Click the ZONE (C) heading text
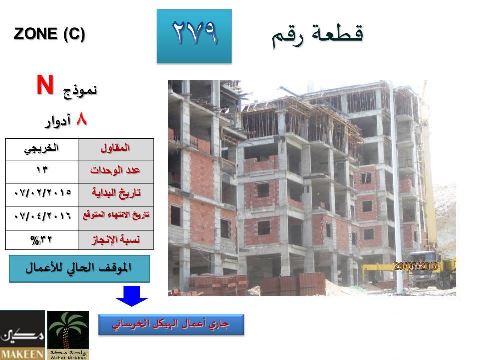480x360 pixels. [x=49, y=34]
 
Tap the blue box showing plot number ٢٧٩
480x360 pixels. [x=194, y=36]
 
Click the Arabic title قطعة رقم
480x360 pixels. [x=318, y=36]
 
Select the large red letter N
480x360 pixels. [x=45, y=85]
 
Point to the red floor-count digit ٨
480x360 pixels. [x=82, y=119]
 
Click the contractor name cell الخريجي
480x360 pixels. [x=41, y=149]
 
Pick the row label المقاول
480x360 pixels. [x=115, y=148]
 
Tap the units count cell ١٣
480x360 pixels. [x=42, y=170]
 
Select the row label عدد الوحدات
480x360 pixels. [x=115, y=170]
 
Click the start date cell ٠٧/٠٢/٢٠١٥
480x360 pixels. [x=43, y=193]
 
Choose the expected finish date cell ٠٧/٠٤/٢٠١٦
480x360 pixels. [x=43, y=216]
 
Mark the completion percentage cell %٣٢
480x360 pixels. [x=41, y=240]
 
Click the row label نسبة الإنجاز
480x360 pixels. [x=116, y=239]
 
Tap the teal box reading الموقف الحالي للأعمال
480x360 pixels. [x=79, y=269]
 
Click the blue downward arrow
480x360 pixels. [x=132, y=296]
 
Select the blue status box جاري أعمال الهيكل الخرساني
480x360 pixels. [x=171, y=324]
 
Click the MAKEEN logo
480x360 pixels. [x=22, y=335]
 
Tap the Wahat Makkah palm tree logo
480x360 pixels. [x=68, y=335]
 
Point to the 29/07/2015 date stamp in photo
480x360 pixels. [x=416, y=266]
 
